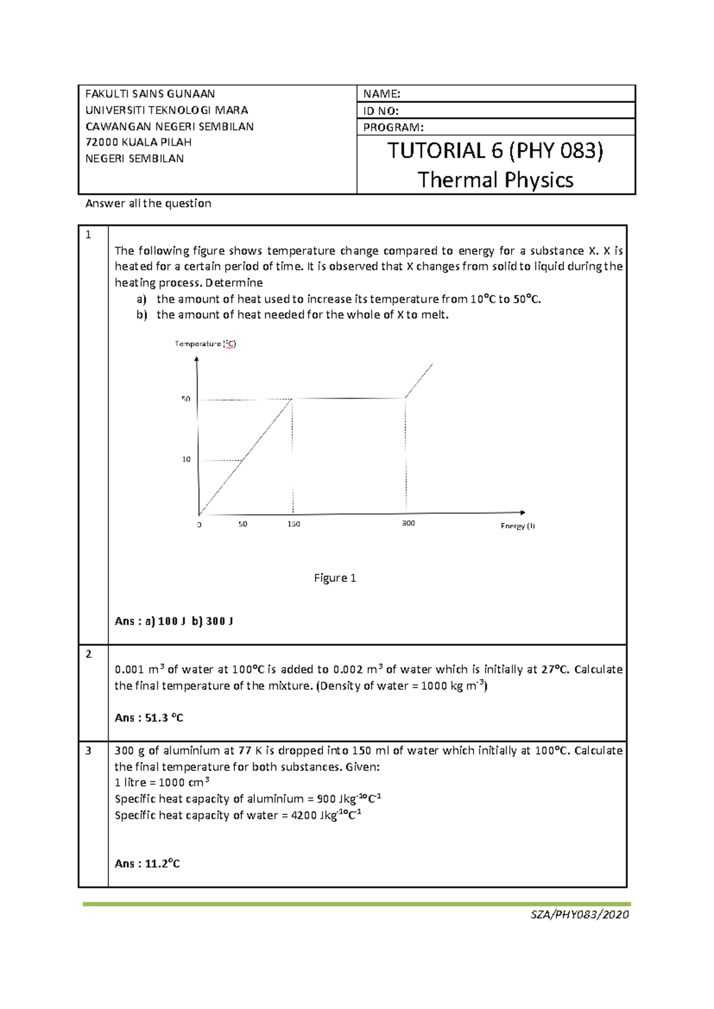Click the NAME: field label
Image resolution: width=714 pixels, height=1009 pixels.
tap(382, 94)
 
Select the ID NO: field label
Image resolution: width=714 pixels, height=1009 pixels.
tap(381, 111)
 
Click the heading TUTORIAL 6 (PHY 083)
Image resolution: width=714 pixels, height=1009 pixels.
tap(495, 151)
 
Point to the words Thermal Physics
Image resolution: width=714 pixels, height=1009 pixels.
tap(495, 180)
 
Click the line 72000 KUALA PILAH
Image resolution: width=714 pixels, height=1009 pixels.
tap(139, 142)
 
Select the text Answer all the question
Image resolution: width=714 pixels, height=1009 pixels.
tap(148, 203)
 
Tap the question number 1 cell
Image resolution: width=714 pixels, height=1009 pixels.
tap(89, 235)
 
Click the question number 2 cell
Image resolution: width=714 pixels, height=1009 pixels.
tap(89, 654)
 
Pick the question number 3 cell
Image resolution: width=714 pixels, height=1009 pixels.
tap(89, 751)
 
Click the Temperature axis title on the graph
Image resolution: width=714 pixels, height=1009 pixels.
tap(205, 344)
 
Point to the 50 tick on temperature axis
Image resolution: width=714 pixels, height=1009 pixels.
tap(186, 399)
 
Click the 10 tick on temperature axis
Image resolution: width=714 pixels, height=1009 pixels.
tap(186, 459)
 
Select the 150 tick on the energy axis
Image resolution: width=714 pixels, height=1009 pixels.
tap(293, 524)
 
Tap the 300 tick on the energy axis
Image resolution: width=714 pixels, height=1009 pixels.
tap(408, 523)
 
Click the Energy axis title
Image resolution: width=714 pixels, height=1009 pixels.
tap(518, 526)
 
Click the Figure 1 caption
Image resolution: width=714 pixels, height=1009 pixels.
tap(335, 578)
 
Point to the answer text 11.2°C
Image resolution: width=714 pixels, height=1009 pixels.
tap(162, 864)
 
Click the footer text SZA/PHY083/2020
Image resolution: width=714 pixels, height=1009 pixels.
tap(580, 915)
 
